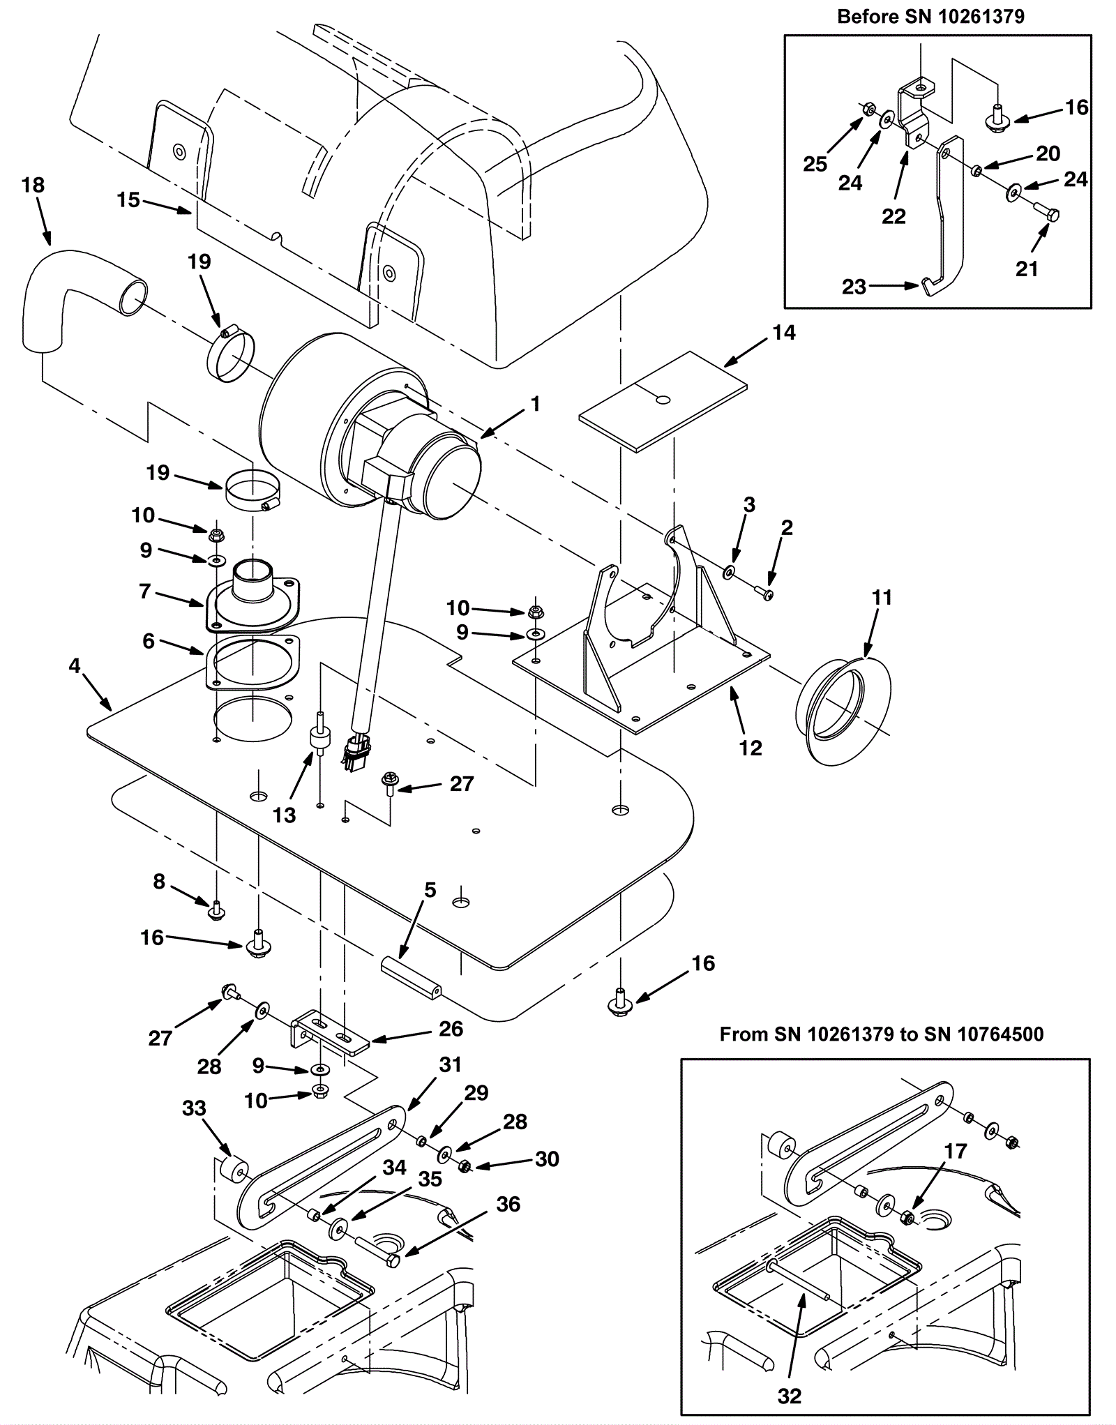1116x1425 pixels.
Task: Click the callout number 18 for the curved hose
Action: pos(33,186)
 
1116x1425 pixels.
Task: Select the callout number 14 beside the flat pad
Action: pos(784,333)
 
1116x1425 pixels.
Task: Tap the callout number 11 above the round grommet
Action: pos(882,598)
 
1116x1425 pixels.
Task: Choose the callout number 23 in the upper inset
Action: pos(854,287)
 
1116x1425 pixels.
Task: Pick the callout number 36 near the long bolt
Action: pos(508,1204)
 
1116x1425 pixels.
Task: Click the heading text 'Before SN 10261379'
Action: pos(930,17)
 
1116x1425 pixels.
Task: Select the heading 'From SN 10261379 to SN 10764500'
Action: pos(882,1034)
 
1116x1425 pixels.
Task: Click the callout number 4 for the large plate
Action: pos(75,665)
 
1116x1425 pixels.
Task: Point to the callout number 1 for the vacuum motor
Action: pos(535,404)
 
